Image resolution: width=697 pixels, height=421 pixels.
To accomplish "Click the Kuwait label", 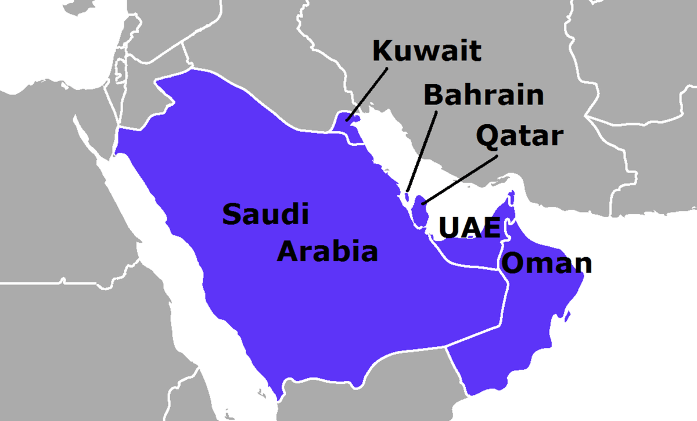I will (x=426, y=51).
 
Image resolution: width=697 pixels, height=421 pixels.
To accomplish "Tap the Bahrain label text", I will (x=483, y=95).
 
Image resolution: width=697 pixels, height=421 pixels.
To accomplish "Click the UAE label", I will (x=469, y=228).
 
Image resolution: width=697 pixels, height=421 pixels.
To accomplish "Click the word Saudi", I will (x=265, y=215).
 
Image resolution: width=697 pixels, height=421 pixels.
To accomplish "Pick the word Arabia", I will (x=327, y=252).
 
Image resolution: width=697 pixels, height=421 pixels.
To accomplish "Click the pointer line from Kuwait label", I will (x=367, y=93).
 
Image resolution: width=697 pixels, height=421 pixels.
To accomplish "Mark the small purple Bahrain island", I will (x=407, y=196).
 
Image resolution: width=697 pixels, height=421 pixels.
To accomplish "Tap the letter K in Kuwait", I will (x=382, y=51).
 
